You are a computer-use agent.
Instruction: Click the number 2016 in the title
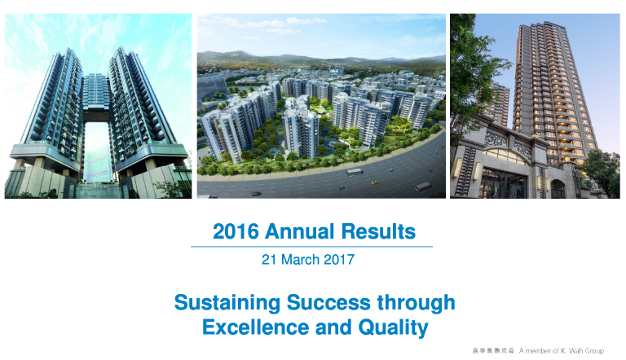(236, 231)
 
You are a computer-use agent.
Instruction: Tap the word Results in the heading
(378, 231)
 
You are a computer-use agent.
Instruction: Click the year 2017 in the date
(339, 260)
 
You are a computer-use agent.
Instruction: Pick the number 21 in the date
(269, 260)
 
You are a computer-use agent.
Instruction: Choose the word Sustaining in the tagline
(227, 303)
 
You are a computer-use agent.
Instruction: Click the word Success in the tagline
(328, 302)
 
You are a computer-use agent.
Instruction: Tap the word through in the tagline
(416, 303)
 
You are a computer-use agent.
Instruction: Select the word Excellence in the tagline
(255, 327)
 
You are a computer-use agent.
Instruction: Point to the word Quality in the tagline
(393, 328)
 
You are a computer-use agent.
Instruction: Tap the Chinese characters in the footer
(493, 351)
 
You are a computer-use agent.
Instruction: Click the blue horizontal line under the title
(312, 247)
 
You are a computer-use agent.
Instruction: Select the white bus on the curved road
(354, 172)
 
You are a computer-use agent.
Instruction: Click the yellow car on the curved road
(375, 182)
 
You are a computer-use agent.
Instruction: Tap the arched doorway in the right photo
(558, 189)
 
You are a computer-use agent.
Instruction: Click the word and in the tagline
(333, 327)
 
